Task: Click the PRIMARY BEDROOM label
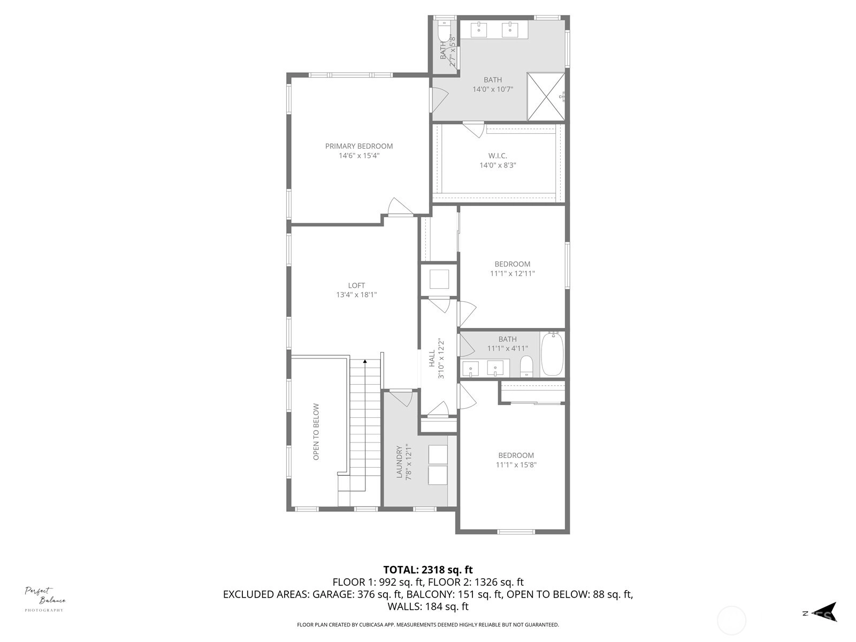[359, 146]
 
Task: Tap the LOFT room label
[356, 285]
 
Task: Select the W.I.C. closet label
[498, 156]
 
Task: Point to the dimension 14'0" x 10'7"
[493, 89]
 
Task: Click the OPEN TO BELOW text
[316, 432]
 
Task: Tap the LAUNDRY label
[399, 462]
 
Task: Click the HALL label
[432, 358]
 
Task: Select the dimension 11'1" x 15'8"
[516, 464]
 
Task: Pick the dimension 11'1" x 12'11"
[513, 273]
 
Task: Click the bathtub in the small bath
[552, 354]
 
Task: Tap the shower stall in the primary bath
[546, 96]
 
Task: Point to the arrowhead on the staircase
[365, 361]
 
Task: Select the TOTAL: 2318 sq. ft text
[428, 570]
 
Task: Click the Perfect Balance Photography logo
[44, 599]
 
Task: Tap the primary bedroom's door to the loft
[401, 207]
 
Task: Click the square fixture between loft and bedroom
[439, 279]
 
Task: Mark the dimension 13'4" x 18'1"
[356, 295]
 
